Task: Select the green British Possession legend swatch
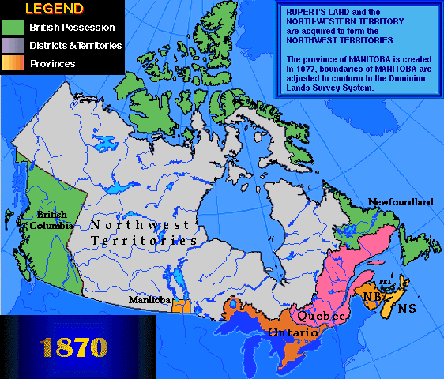click(13, 28)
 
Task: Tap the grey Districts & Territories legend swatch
click(13, 45)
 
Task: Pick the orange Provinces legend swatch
click(13, 63)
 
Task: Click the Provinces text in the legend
click(52, 63)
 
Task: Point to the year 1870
click(70, 347)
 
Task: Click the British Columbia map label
click(48, 220)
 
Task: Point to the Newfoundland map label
click(401, 202)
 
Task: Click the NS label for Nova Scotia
click(408, 308)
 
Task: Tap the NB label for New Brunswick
click(374, 295)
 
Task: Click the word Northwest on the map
click(140, 224)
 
